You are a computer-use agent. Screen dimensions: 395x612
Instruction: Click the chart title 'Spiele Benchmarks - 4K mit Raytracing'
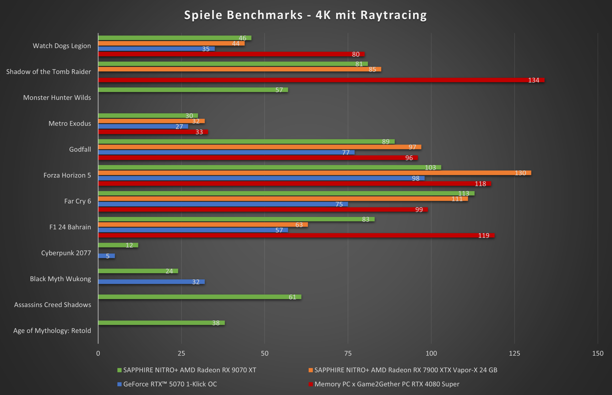306,15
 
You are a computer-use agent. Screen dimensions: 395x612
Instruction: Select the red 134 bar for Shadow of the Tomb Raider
321,80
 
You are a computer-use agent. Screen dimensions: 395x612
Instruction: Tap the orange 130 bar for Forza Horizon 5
314,173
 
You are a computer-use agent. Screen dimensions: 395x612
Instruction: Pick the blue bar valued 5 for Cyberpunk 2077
106,256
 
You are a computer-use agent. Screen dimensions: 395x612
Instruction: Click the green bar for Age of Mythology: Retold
161,323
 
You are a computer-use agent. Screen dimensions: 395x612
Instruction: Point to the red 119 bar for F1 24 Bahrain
296,235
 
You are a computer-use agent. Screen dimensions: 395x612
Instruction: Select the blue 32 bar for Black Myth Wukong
152,282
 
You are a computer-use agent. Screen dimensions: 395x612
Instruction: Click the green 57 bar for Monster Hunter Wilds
193,90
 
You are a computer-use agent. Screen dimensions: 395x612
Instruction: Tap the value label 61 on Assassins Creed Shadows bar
292,297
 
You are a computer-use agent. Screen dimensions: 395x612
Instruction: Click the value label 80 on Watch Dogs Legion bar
355,54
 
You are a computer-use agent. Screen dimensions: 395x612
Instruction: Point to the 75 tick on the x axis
348,353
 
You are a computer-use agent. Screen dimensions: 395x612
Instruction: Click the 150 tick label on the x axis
598,353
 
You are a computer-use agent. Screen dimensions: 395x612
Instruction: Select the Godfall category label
80,149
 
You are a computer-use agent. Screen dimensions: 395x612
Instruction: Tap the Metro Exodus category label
70,123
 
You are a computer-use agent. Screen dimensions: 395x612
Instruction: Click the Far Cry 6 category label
77,201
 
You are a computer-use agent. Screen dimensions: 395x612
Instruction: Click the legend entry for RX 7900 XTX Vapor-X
406,370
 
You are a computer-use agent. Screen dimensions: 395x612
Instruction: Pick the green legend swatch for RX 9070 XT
119,370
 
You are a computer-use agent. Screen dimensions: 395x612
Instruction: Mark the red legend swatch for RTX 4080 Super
311,384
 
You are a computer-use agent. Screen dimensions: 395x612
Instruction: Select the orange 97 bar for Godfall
260,147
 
